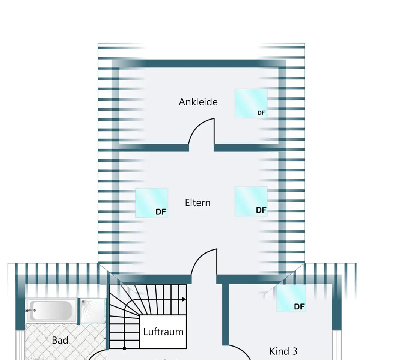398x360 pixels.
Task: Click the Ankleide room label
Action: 198,102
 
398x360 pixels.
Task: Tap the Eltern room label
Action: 197,203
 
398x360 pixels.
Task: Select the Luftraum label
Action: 163,331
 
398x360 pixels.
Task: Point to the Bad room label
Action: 60,340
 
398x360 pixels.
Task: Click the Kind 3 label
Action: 283,351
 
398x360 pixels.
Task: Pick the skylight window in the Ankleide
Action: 251,103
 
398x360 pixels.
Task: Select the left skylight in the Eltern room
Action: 151,202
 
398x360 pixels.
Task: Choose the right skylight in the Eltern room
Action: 251,201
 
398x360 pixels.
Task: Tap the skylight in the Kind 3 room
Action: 291,298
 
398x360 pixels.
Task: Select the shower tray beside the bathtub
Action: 92,311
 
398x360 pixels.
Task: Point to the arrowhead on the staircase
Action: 184,299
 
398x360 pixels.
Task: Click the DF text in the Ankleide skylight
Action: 261,112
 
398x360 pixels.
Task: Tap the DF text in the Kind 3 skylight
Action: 299,307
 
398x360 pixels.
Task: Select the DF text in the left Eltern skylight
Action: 161,212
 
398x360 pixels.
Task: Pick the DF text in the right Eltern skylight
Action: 261,210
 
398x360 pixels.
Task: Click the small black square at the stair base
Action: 124,348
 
